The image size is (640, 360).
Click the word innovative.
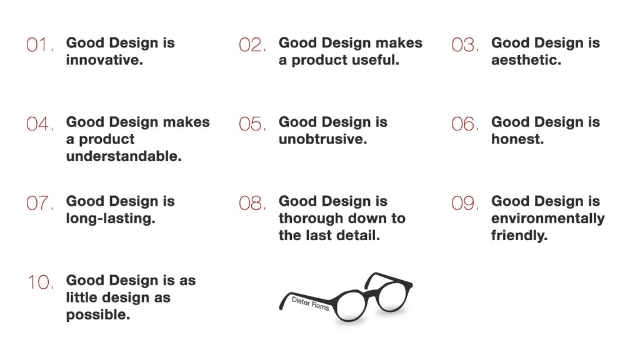pyautogui.click(x=104, y=61)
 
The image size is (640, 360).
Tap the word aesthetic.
pyautogui.click(x=526, y=61)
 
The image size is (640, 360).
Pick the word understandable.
pyautogui.click(x=123, y=157)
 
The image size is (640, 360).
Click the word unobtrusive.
pyautogui.click(x=322, y=139)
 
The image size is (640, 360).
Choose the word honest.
pyautogui.click(x=517, y=139)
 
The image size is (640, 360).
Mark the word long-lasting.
pyautogui.click(x=110, y=219)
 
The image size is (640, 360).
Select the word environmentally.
pyautogui.click(x=547, y=218)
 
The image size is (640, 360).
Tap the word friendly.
pyautogui.click(x=518, y=236)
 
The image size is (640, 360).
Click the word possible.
pyautogui.click(x=97, y=315)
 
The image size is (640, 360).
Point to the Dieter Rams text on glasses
pyautogui.click(x=311, y=304)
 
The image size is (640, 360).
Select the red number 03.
pyautogui.click(x=464, y=46)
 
